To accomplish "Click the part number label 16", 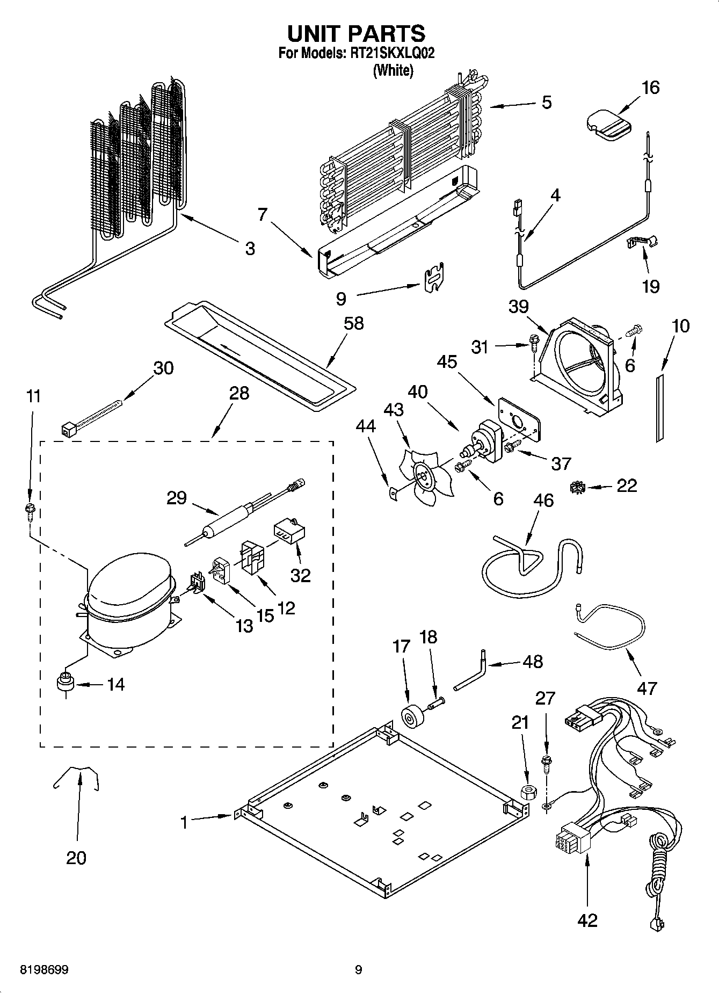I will [x=650, y=88].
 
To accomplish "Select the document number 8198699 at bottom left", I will [x=44, y=970].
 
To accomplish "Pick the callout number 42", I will [x=587, y=920].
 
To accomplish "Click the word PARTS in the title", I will [x=387, y=33].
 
